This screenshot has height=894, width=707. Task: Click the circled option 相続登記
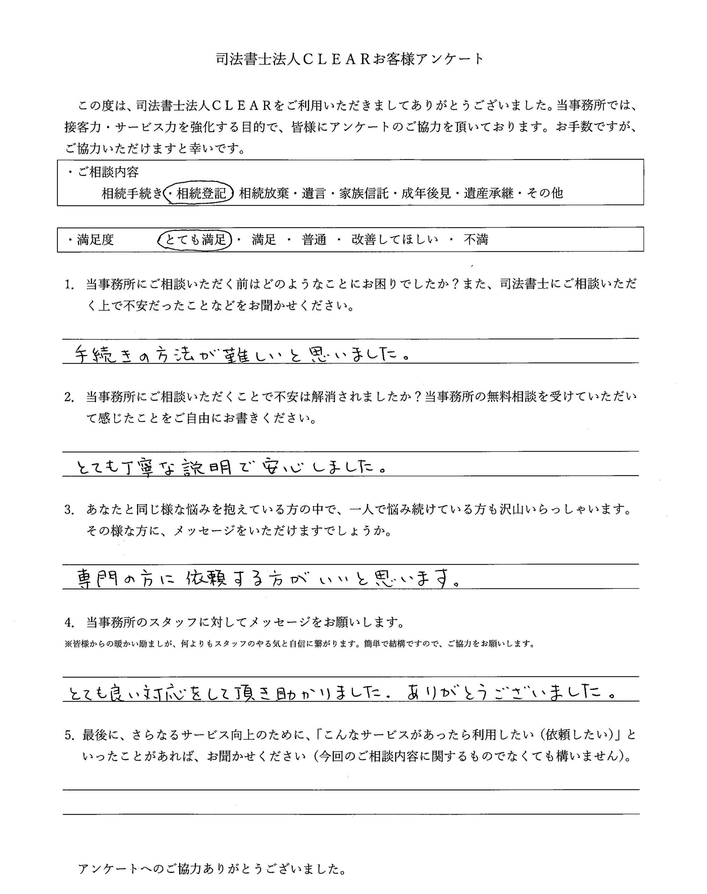[201, 193]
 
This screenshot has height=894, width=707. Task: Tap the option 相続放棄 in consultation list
[264, 193]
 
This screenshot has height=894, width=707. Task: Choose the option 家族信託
[364, 193]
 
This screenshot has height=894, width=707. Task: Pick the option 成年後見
[427, 193]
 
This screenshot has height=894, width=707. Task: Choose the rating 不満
[476, 240]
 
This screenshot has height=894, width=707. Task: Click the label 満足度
[95, 240]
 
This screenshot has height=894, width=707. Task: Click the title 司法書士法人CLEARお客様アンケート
[350, 59]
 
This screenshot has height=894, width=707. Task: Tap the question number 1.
[69, 285]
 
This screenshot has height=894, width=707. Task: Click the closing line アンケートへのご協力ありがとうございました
[212, 870]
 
